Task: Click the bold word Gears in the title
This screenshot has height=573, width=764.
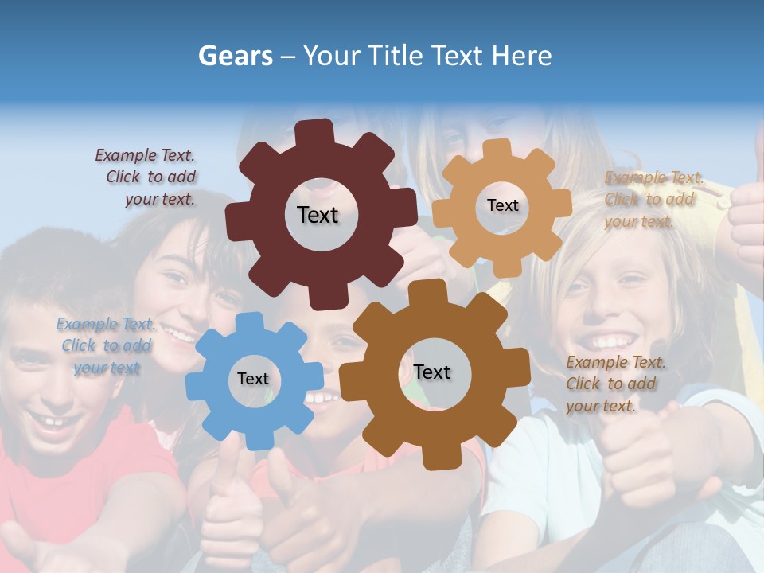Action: coord(235,55)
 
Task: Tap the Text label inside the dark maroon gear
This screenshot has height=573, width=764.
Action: coord(318,215)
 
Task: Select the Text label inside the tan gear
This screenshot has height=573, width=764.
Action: coord(502,205)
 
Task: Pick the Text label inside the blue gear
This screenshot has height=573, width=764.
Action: coord(253,379)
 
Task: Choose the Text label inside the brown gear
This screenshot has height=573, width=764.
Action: coord(432,372)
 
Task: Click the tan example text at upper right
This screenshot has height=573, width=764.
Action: coord(653,199)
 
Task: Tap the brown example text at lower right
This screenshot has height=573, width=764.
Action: coord(614,384)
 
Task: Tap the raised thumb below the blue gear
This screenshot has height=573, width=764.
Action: coord(231,477)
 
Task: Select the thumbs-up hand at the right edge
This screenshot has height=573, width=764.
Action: coord(746,215)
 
